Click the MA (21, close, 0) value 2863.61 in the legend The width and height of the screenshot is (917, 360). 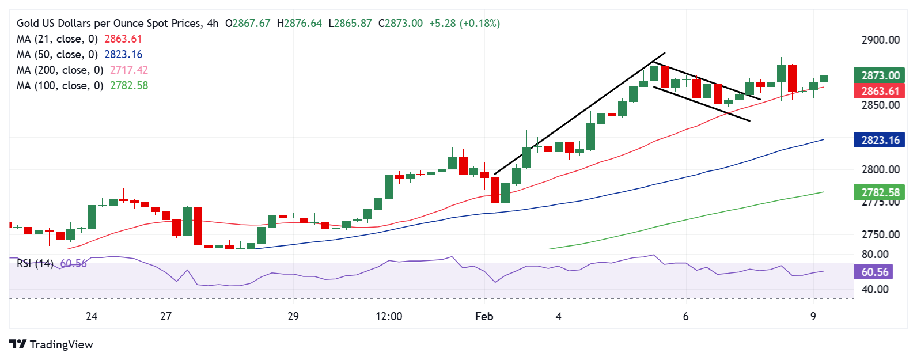(123, 39)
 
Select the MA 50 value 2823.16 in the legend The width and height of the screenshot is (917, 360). (123, 55)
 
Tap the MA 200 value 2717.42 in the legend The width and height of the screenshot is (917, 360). (128, 70)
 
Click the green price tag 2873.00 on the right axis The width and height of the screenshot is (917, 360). (880, 75)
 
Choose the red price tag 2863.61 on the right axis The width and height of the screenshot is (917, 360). (880, 91)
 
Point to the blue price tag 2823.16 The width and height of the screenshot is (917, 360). (880, 140)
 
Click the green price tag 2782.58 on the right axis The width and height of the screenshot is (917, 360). (880, 192)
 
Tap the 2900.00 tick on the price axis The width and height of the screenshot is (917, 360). (880, 40)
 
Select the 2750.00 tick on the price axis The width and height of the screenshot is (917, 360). (880, 234)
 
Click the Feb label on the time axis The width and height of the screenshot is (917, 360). (484, 316)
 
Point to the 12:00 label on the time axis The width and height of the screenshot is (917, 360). (389, 316)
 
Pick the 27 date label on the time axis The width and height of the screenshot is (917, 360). (166, 316)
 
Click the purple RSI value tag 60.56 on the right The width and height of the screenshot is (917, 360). (874, 272)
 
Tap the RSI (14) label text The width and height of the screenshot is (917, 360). (35, 263)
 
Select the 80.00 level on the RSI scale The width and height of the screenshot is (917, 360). (874, 254)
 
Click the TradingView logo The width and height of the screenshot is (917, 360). (51, 344)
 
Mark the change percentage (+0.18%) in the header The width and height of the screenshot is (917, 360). (479, 24)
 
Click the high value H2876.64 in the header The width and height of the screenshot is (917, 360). (300, 24)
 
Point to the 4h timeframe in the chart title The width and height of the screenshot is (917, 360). (213, 24)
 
